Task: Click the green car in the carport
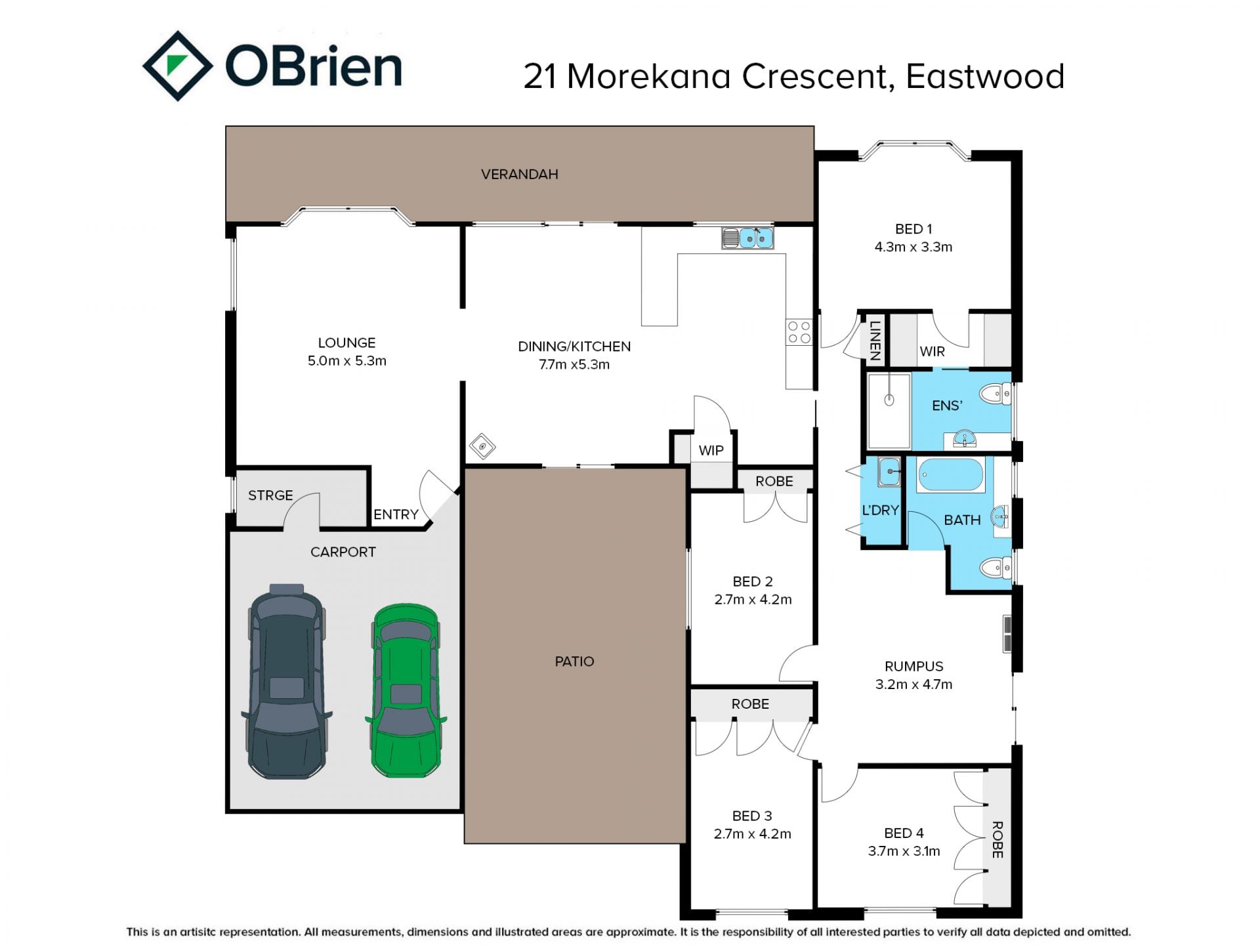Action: [x=406, y=690]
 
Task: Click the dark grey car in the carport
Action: [x=287, y=681]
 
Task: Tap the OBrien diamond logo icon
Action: [x=177, y=66]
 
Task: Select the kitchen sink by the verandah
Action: [x=747, y=238]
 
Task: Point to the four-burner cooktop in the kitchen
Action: [x=799, y=332]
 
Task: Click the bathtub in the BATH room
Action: [x=951, y=474]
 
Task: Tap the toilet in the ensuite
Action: [x=996, y=394]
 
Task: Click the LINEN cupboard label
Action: [x=874, y=340]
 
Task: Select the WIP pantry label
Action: [x=711, y=450]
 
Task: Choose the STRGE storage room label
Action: [x=270, y=495]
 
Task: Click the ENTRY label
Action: [x=396, y=514]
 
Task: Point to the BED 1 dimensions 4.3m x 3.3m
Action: [x=913, y=247]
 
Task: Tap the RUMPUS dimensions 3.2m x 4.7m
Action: [x=913, y=684]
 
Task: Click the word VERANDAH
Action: [x=519, y=174]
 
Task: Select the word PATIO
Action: [x=574, y=661]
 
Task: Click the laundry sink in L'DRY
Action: [x=889, y=471]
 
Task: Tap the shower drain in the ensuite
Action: [x=889, y=399]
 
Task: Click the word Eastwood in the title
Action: [x=985, y=76]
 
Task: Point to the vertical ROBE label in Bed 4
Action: [x=997, y=839]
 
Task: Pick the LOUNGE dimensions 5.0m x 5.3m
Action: [x=347, y=360]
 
